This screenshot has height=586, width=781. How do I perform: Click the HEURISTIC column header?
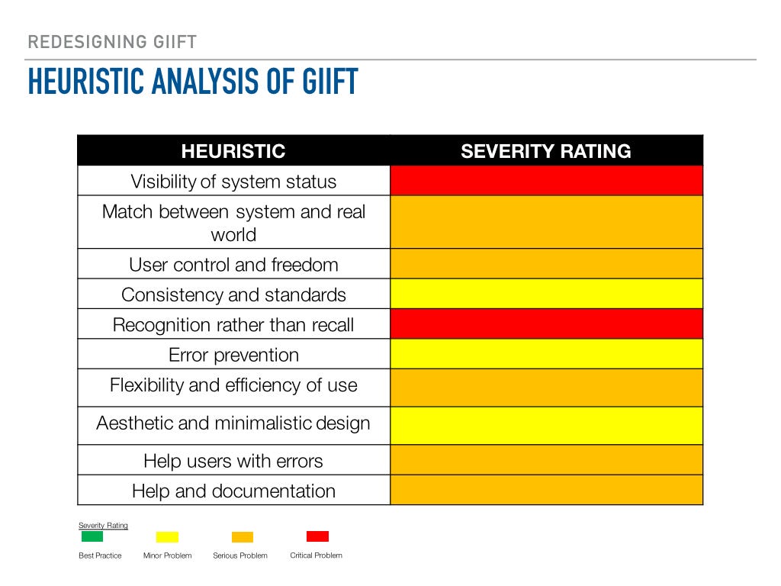click(233, 151)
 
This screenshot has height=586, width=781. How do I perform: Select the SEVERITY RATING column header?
click(546, 151)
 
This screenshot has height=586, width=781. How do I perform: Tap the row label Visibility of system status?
click(233, 182)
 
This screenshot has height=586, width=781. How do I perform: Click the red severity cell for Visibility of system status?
click(546, 181)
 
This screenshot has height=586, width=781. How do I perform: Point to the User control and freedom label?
click(233, 265)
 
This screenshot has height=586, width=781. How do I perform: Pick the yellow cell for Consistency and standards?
click(546, 294)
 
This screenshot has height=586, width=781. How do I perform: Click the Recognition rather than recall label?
click(233, 325)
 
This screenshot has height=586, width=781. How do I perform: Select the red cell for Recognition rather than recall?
click(546, 324)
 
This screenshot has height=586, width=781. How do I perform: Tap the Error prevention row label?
click(233, 355)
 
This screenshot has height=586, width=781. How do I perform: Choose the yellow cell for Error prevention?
click(546, 354)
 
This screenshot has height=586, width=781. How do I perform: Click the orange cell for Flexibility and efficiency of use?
click(546, 388)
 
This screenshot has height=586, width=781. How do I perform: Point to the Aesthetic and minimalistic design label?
click(233, 423)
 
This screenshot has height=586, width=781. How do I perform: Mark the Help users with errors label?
click(233, 461)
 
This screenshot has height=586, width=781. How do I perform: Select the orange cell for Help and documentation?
click(546, 490)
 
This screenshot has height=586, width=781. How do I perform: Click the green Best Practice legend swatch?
click(92, 536)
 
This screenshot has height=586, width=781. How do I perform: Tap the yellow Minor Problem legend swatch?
click(167, 537)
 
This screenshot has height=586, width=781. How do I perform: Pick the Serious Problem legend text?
click(240, 555)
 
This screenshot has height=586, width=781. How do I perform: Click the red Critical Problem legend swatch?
click(317, 536)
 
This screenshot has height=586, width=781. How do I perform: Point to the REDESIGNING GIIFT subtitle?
click(112, 42)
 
